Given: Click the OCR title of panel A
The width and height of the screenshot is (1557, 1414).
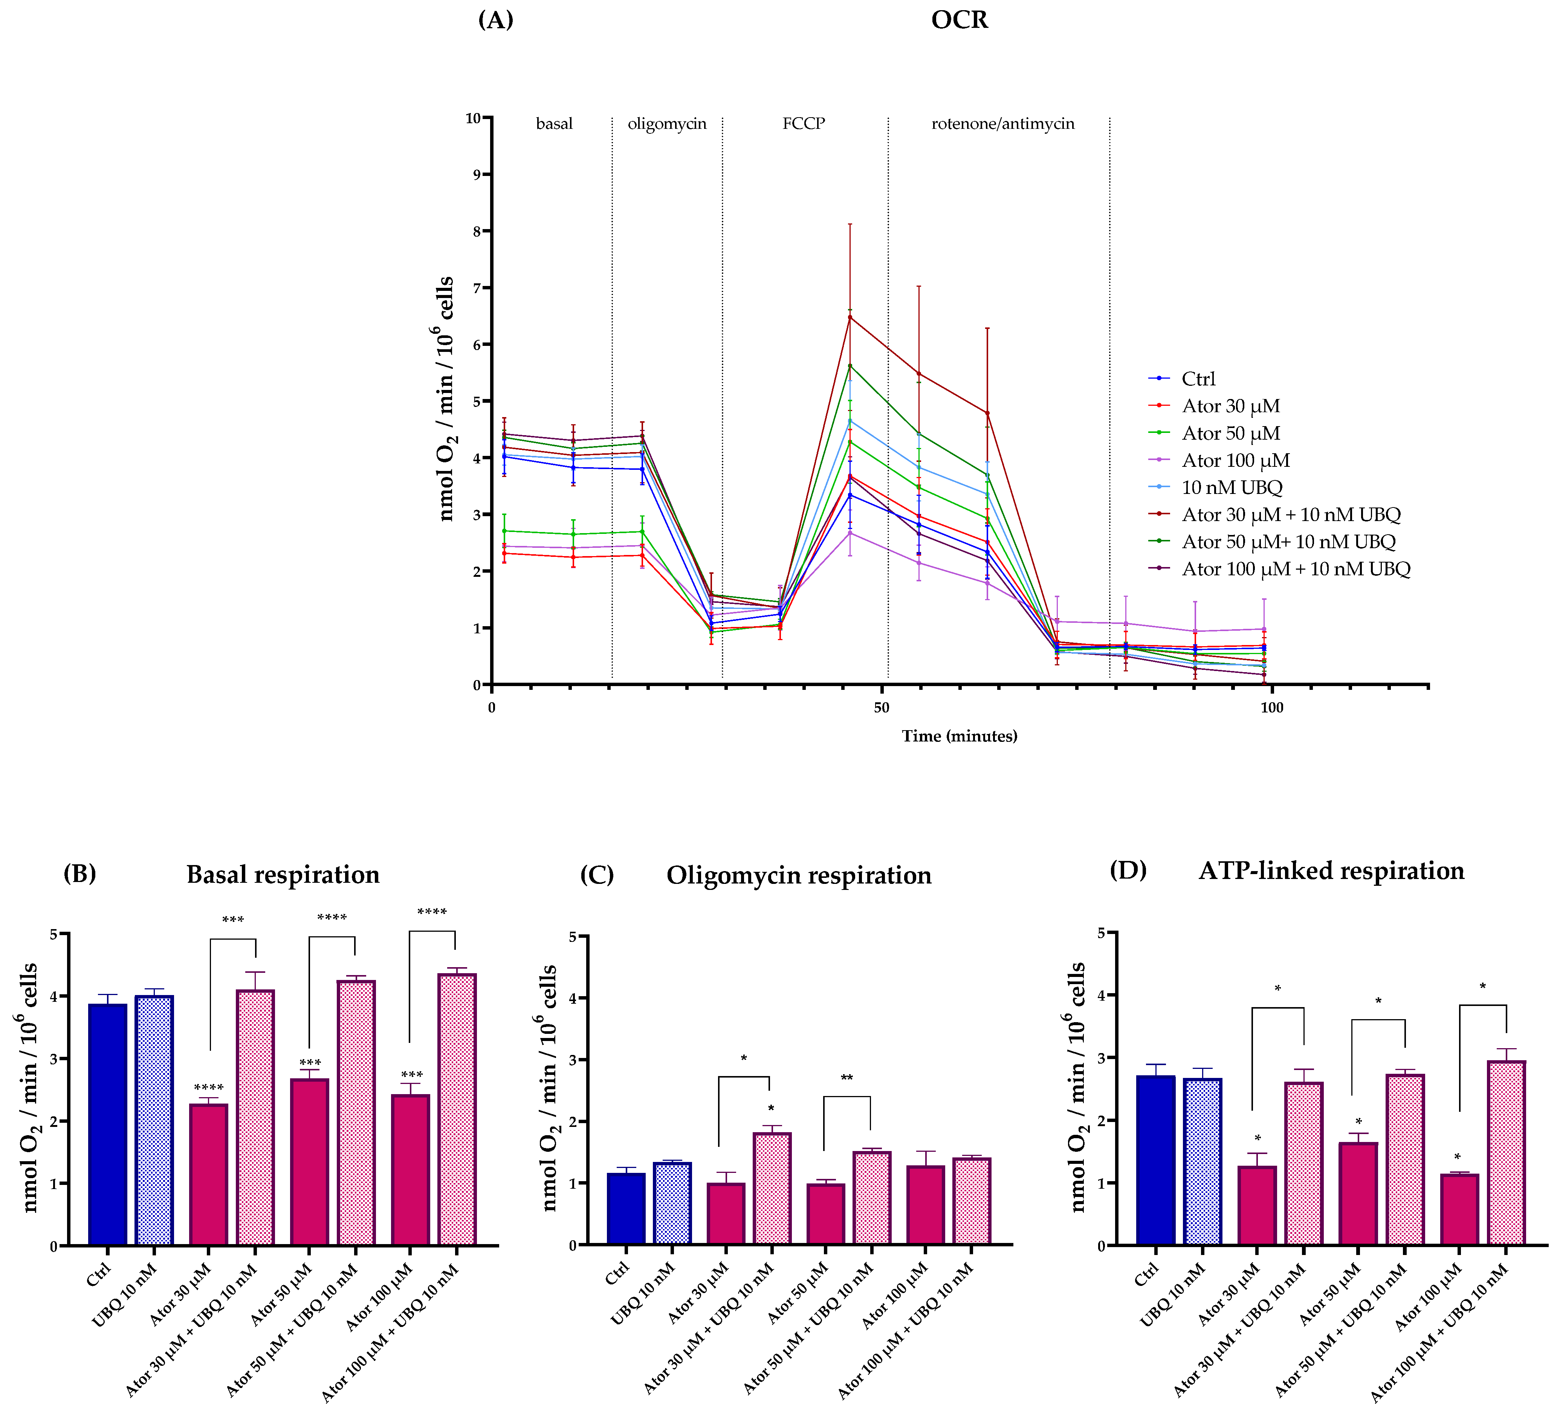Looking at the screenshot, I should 959,19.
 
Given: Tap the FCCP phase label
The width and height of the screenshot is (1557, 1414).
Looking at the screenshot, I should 803,124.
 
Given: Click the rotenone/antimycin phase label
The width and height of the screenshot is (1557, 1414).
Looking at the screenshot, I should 1002,124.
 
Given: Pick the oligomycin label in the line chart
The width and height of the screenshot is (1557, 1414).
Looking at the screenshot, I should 666,124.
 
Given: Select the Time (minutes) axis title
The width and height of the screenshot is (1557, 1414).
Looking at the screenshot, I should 959,736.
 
